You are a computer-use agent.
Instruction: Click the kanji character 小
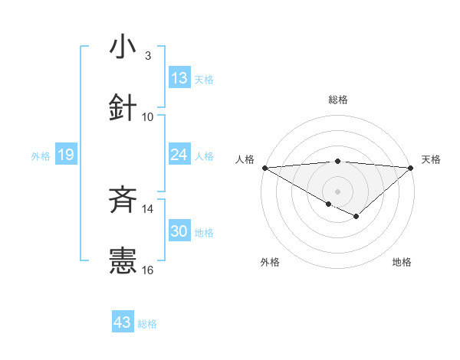[123, 47]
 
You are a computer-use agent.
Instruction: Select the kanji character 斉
[123, 201]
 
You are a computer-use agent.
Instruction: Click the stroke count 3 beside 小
[148, 56]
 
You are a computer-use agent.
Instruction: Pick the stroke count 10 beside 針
[148, 116]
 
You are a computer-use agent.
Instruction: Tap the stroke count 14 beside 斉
[148, 209]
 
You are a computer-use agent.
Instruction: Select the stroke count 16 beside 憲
[148, 270]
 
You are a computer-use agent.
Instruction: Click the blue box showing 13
[179, 78]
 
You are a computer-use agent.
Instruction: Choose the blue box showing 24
[179, 155]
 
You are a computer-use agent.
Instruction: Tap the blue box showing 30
[179, 231]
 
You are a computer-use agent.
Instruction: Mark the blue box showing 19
[65, 155]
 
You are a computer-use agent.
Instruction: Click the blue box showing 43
[123, 322]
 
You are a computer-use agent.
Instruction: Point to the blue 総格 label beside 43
[148, 324]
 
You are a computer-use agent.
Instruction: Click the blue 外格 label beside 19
[41, 156]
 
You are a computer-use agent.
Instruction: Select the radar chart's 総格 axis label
[337, 100]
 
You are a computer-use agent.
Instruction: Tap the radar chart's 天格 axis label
[431, 159]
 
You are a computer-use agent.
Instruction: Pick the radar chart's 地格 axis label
[402, 262]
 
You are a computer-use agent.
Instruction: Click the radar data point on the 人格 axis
[264, 168]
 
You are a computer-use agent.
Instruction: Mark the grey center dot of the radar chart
[337, 191]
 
